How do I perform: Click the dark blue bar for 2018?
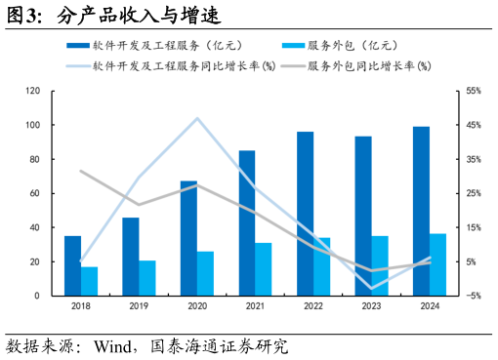73,265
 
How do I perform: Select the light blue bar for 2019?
147,278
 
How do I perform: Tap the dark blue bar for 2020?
188,238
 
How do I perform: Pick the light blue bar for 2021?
264,269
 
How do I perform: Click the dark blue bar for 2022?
305,214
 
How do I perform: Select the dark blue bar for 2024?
421,211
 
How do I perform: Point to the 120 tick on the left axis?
32,91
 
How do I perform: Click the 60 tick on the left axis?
35,193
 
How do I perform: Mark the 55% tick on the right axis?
474,91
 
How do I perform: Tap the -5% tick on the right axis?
474,296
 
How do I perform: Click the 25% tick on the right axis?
474,193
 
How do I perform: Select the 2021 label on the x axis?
255,306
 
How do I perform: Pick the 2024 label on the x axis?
430,306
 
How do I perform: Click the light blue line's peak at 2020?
197,119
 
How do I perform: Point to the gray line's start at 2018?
81,171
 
